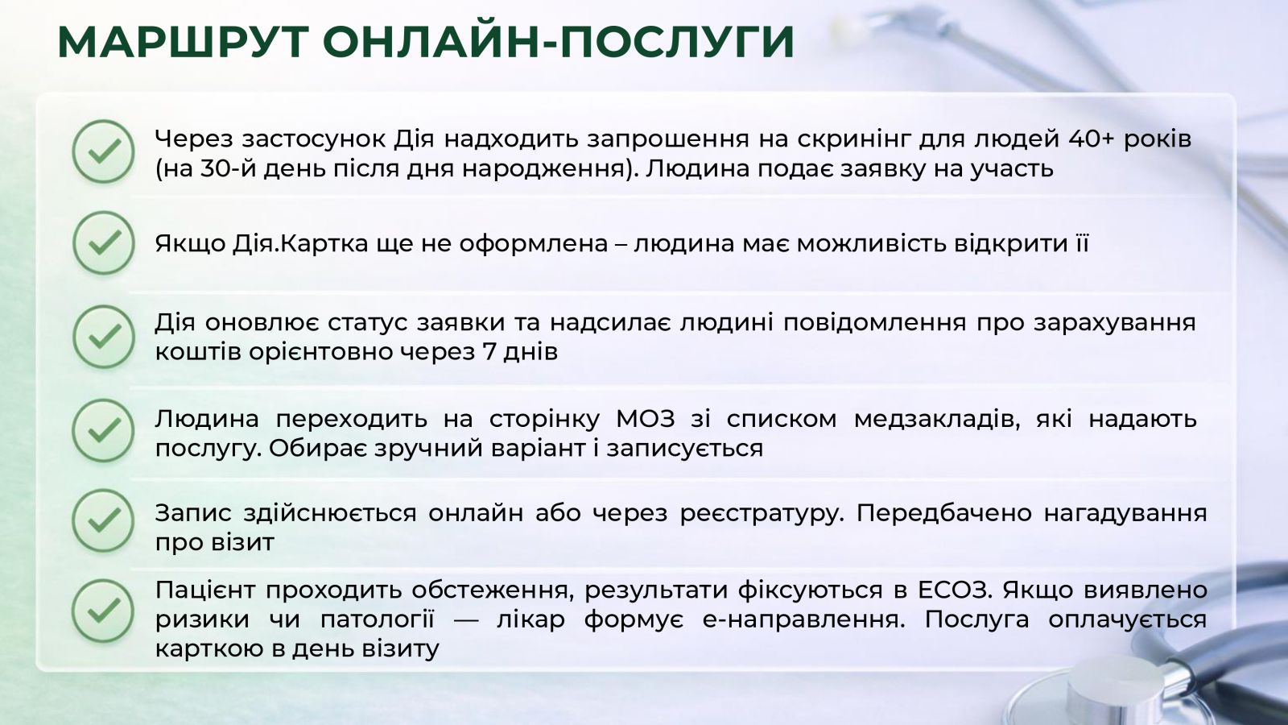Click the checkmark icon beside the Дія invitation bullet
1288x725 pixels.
[104, 151]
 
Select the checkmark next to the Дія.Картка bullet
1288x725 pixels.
[104, 242]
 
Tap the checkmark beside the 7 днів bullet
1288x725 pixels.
[104, 337]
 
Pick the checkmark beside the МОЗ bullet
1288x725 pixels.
[104, 430]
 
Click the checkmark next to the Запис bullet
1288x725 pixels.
[104, 520]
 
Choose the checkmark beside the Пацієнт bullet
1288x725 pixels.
[104, 611]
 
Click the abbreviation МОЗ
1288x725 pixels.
[645, 419]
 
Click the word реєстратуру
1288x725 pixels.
[762, 513]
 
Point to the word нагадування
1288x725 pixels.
[1125, 513]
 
